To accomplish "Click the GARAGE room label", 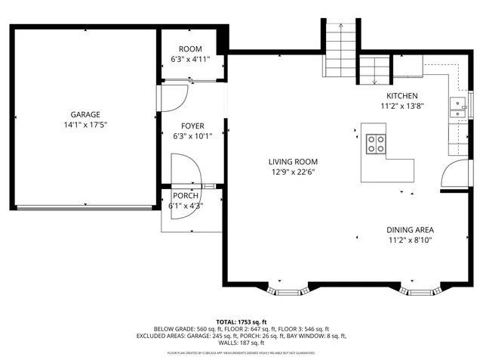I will point(86,114).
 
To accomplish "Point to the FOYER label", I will point(192,126).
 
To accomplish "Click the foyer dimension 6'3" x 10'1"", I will point(192,137).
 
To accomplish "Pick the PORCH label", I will point(186,196).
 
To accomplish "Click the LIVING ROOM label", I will point(293,161).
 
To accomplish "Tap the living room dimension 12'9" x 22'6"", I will point(293,172).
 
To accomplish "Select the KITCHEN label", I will point(402,96).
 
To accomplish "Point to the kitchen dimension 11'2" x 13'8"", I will point(402,107).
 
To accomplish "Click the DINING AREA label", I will point(410,230).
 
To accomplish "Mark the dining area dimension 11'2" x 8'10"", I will point(410,240).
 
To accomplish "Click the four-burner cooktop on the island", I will point(375,142).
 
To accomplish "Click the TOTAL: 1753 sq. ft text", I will point(241,321).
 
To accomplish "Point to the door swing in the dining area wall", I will point(452,174).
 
